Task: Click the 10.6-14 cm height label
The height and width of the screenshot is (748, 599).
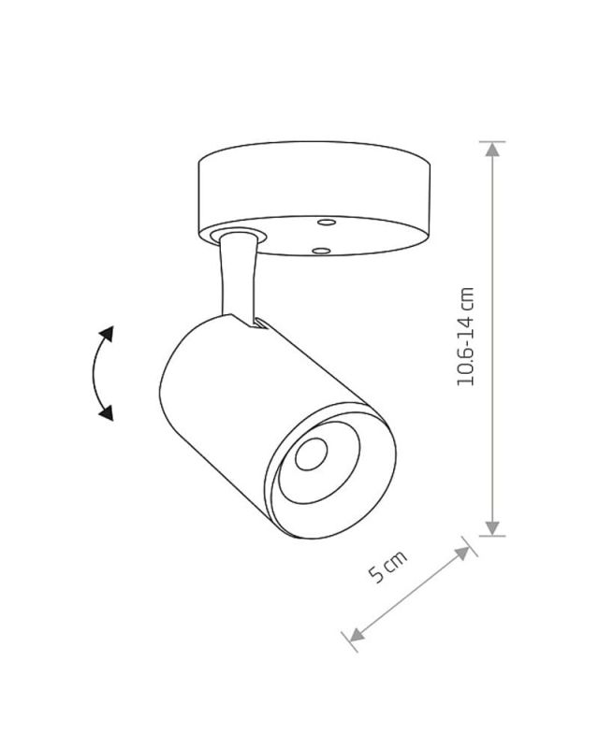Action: pos(465,337)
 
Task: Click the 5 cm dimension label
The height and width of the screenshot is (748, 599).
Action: pos(387,567)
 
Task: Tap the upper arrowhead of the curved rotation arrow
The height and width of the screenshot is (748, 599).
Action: pos(107,334)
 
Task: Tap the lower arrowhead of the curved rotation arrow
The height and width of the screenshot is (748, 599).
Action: pos(107,413)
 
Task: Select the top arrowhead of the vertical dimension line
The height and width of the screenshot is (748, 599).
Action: pos(492,150)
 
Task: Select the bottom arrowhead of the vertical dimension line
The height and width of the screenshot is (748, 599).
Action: pos(492,528)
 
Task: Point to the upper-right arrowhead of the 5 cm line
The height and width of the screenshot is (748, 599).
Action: pos(462,554)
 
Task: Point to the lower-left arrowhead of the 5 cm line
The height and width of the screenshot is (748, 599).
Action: pos(358,635)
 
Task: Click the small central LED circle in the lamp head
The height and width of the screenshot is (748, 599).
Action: pos(312,453)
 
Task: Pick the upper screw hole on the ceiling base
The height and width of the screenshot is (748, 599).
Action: pos(327,223)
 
